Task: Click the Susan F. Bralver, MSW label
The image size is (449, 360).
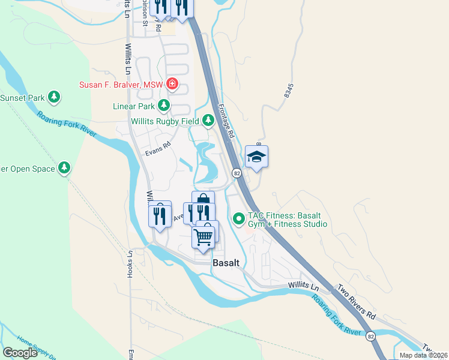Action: [122, 85]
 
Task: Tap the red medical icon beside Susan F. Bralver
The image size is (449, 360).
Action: [172, 84]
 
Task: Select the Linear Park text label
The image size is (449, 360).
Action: [134, 107]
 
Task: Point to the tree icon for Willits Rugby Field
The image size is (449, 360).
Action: [208, 121]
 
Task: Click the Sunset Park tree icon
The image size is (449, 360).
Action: [55, 97]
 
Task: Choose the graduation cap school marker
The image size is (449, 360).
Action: [256, 157]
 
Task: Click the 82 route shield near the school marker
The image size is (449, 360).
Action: [238, 173]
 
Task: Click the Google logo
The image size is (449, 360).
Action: [20, 353]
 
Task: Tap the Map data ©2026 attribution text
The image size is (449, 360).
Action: [423, 355]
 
